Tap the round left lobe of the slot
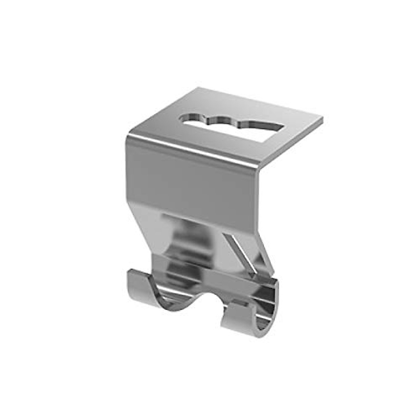[x=191, y=120]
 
